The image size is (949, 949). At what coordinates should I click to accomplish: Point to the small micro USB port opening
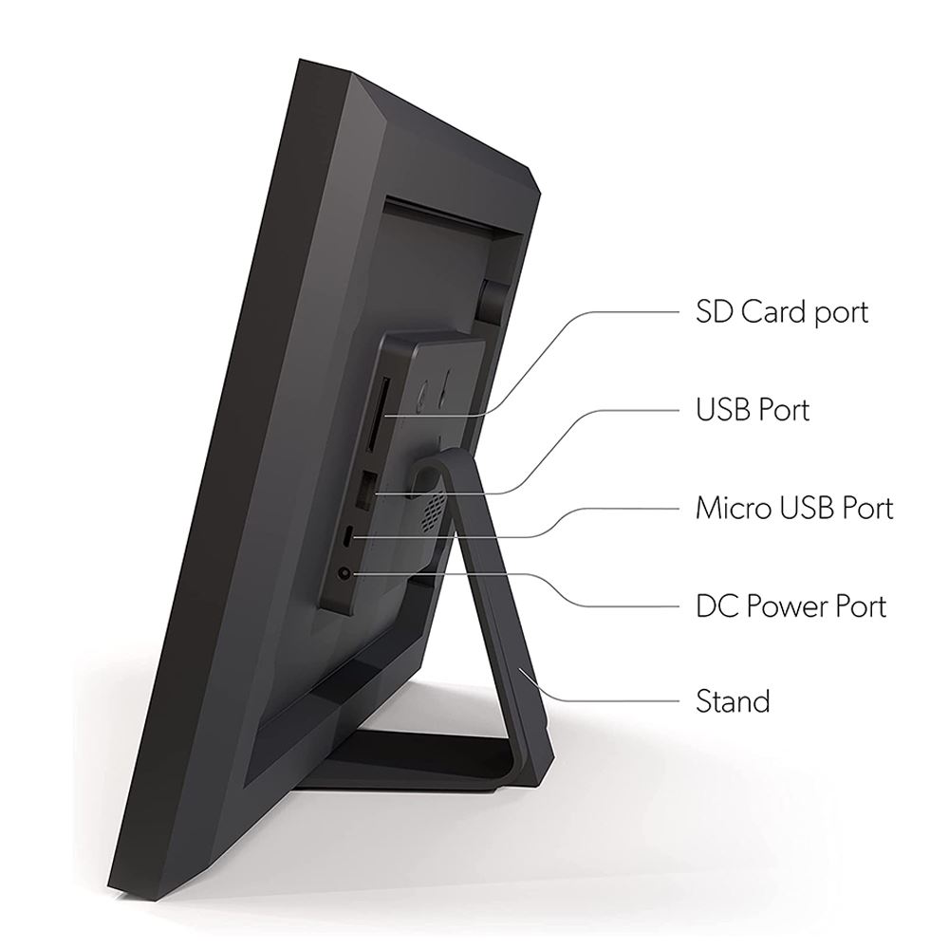pos(347,535)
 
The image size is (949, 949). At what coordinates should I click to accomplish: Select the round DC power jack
pos(344,572)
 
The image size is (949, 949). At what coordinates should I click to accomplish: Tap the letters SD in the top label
pos(715,312)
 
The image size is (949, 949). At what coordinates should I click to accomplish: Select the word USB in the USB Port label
pos(721,410)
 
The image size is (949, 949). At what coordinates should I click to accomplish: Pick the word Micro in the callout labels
pos(734,508)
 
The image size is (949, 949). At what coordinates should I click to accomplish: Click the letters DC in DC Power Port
pos(715,605)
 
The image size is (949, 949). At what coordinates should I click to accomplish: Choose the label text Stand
pos(733,702)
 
